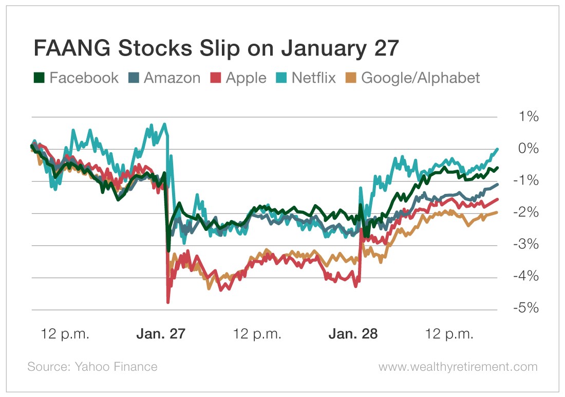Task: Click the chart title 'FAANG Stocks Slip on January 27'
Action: tap(216, 49)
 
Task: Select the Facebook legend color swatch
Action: tap(39, 78)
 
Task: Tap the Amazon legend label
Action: tap(172, 78)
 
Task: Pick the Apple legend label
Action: tap(246, 78)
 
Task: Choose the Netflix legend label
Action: tap(313, 78)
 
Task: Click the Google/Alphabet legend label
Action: tap(421, 78)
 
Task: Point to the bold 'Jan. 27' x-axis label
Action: tap(160, 334)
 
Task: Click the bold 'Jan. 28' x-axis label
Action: tap(353, 334)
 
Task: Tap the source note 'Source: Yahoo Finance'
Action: tap(92, 367)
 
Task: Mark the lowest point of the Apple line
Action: tap(168, 302)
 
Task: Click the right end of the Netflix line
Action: tap(497, 149)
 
